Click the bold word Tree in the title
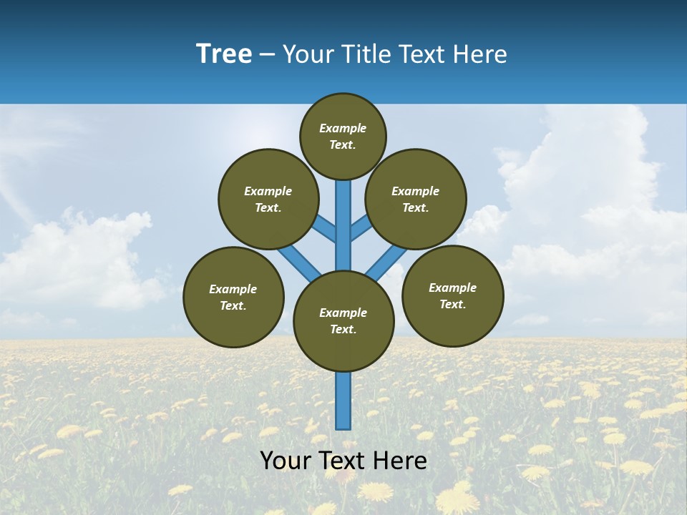pyautogui.click(x=224, y=54)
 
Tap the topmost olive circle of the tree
pyautogui.click(x=343, y=136)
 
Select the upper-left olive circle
pyautogui.click(x=268, y=199)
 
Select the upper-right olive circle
pyautogui.click(x=416, y=199)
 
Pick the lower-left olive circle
pyautogui.click(x=233, y=297)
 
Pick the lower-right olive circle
pyautogui.click(x=452, y=295)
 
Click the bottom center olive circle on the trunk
pyautogui.click(x=343, y=321)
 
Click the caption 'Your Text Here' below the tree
pyautogui.click(x=343, y=460)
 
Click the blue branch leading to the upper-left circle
pyautogui.click(x=326, y=230)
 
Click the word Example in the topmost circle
pyautogui.click(x=343, y=128)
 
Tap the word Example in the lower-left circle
pyautogui.click(x=233, y=289)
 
